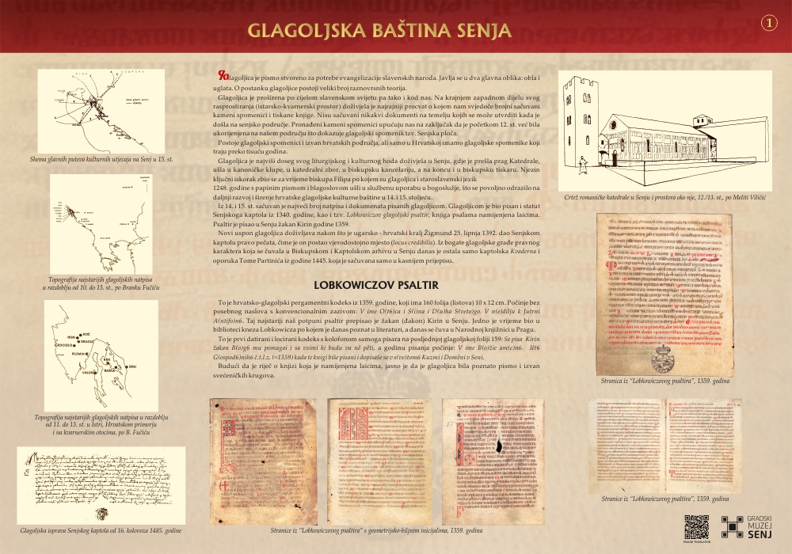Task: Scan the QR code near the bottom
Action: tap(696, 526)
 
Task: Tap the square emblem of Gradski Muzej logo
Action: tap(732, 526)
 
